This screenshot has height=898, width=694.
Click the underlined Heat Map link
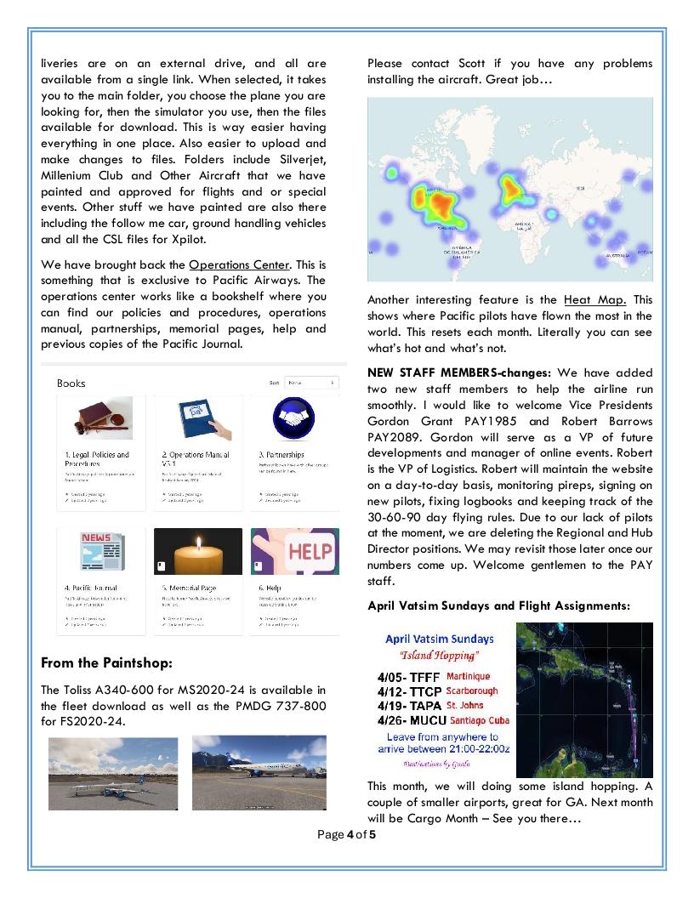[x=595, y=299]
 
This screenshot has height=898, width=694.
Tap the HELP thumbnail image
[x=295, y=551]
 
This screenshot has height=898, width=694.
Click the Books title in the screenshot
[x=71, y=384]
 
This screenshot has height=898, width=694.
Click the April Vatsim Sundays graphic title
[x=439, y=639]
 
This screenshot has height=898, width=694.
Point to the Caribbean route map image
[x=584, y=699]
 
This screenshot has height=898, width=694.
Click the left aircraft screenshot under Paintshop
[x=113, y=773]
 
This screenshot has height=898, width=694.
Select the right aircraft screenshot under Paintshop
[x=259, y=773]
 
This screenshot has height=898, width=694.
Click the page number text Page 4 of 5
[x=346, y=834]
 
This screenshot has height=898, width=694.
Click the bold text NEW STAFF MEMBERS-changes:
[x=459, y=372]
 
